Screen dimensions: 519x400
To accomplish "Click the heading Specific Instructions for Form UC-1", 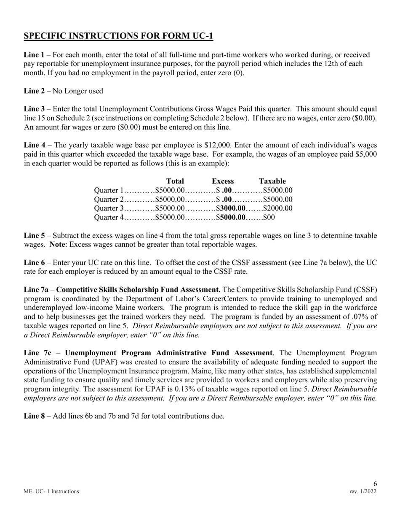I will pyautogui.click(x=118, y=36).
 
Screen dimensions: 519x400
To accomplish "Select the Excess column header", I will pyautogui.click(x=223, y=181).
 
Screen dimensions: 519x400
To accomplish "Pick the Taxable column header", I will pyautogui.click(x=272, y=181).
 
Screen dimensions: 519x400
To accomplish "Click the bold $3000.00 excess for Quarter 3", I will pyautogui.click(x=231, y=208).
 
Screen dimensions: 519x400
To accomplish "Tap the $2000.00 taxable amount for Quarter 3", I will pyautogui.click(x=278, y=208).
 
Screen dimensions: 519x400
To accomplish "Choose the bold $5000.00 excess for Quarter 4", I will pyautogui.click(x=231, y=217).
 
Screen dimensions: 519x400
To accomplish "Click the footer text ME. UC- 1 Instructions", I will pyautogui.click(x=51, y=492).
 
